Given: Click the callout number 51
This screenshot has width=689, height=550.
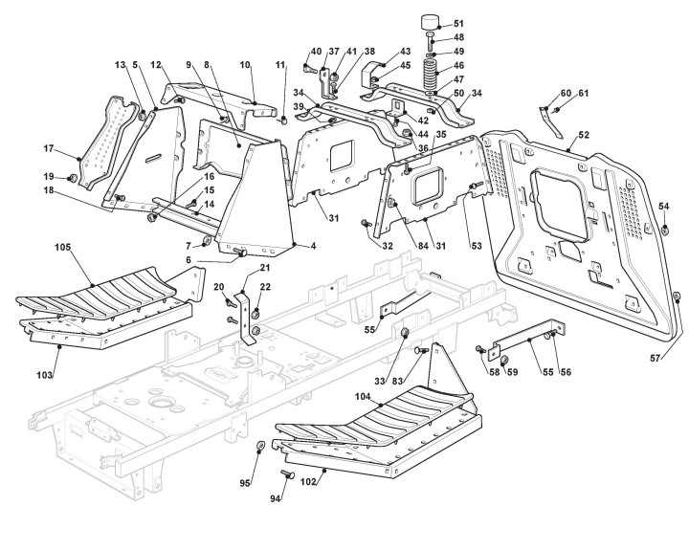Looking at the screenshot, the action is [458, 24].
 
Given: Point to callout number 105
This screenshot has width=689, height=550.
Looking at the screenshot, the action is [62, 248].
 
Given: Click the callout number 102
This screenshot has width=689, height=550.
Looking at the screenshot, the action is [308, 482].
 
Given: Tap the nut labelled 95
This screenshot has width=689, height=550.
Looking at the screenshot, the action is [259, 446].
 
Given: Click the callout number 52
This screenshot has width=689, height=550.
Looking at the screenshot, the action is [584, 135].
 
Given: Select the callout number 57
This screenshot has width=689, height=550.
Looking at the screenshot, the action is [655, 359].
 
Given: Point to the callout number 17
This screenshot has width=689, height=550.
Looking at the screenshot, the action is [49, 149].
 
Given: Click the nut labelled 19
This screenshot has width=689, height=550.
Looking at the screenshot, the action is [72, 178].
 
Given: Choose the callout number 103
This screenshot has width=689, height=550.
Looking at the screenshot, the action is [44, 375].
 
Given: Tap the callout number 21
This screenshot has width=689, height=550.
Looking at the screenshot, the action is [265, 268].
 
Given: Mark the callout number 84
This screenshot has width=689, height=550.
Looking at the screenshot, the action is [423, 246].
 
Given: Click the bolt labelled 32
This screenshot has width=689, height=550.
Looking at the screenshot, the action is [366, 223].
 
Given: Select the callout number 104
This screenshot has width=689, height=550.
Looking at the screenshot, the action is [363, 396].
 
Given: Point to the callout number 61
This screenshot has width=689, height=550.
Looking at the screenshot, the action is [583, 93].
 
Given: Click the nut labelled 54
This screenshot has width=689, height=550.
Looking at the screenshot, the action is [665, 229].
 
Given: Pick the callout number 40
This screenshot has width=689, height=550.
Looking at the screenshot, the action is [316, 52].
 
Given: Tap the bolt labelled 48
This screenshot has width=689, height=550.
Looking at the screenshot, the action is [431, 40].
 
